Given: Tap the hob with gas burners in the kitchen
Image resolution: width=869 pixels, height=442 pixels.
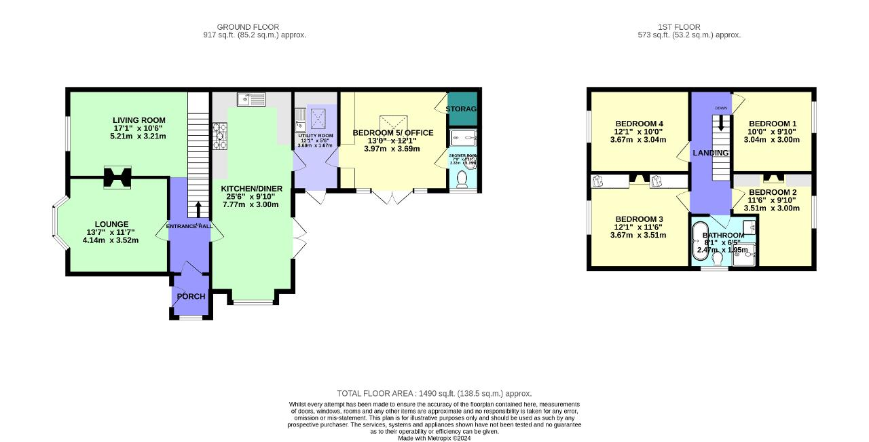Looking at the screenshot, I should [221, 135].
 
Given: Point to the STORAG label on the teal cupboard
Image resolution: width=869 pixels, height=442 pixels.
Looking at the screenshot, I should [462, 109].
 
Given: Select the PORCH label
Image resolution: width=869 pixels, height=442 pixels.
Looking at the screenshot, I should [191, 297].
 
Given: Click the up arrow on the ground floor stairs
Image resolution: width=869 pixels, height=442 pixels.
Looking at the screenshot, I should [198, 207].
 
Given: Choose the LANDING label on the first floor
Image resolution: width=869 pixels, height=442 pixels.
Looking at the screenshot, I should [710, 153].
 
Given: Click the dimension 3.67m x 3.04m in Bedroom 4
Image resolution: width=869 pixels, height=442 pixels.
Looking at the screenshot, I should [640, 141].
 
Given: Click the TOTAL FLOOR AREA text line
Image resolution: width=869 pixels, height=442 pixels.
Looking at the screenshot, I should [434, 393].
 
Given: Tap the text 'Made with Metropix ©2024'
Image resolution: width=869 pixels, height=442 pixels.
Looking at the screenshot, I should [434, 438].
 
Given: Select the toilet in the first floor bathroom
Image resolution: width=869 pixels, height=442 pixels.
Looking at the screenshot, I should [718, 259].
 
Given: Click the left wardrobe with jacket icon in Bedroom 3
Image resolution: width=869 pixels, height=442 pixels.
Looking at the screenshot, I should [598, 181].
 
